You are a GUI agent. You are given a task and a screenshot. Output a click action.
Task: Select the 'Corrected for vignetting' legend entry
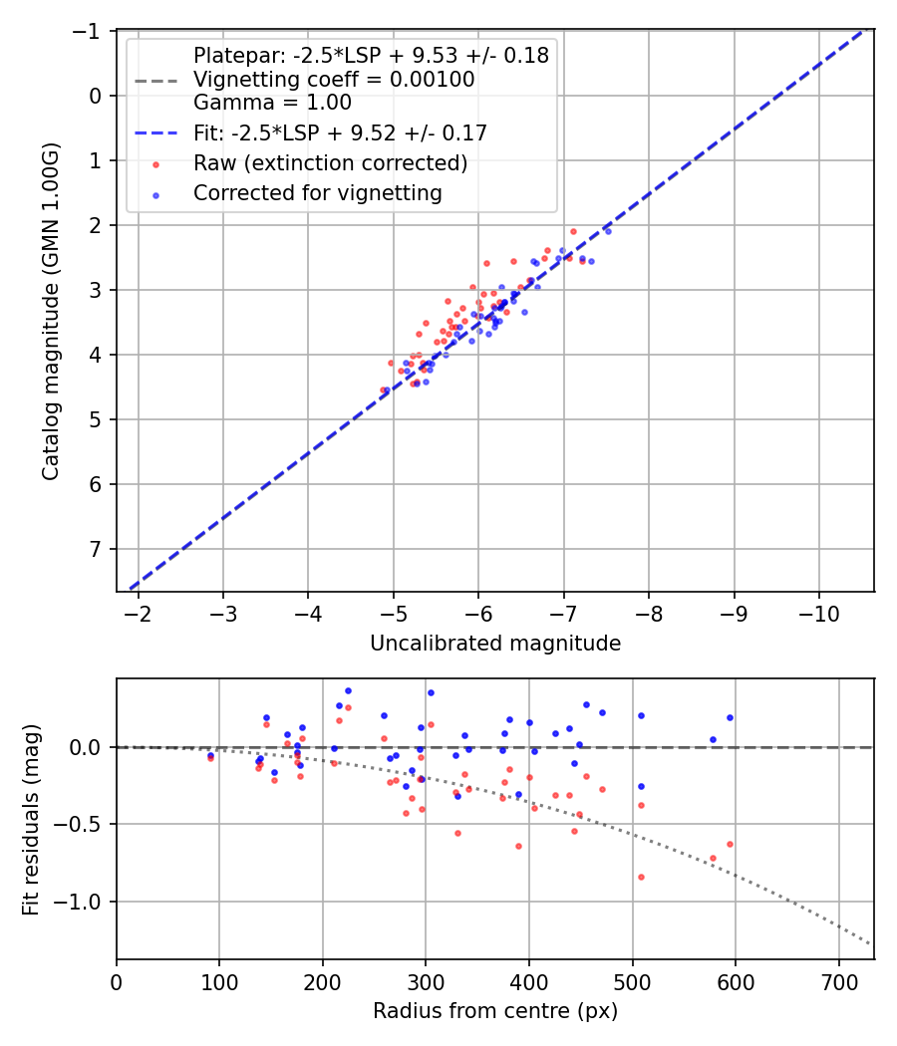[x=317, y=193]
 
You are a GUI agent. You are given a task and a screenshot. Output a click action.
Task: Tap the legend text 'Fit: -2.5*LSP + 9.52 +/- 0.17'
[x=340, y=132]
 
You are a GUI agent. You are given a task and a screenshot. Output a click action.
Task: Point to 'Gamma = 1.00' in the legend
[x=272, y=102]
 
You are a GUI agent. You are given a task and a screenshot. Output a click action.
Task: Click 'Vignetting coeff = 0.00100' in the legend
[x=334, y=79]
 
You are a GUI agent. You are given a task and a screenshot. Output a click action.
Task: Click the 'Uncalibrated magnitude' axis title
[x=495, y=644]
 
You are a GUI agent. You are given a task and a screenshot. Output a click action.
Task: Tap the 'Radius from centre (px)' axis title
[x=495, y=1011]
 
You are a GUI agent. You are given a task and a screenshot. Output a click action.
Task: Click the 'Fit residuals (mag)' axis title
[x=31, y=819]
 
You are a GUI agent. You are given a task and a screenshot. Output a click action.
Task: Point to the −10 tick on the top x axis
[x=819, y=610]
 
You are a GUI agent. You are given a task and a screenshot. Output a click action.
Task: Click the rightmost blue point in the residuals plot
[x=730, y=717]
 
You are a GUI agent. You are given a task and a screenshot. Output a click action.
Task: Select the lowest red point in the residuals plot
[x=641, y=877]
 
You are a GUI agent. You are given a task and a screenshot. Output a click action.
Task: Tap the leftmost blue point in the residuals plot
[x=210, y=756]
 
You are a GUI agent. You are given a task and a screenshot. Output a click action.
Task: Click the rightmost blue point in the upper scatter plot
[x=608, y=231]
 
